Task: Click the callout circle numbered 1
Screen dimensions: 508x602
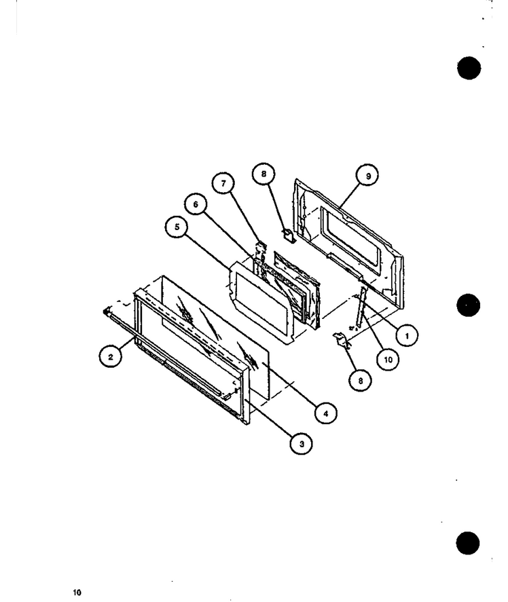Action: click(407, 335)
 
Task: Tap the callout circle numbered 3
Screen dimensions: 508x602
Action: click(302, 443)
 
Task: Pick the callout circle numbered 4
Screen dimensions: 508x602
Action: click(325, 413)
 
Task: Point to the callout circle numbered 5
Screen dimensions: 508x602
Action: click(177, 227)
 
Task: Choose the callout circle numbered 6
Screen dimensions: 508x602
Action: click(196, 204)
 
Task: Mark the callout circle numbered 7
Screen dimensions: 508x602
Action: click(223, 183)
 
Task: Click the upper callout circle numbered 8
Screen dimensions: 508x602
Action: click(264, 174)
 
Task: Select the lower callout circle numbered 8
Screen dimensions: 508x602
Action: click(360, 381)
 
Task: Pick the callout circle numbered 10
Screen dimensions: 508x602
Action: click(388, 359)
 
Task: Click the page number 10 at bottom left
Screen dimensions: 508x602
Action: click(77, 592)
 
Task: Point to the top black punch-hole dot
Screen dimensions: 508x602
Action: click(469, 68)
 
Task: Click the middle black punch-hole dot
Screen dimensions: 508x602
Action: click(469, 305)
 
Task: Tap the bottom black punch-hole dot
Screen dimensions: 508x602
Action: click(468, 543)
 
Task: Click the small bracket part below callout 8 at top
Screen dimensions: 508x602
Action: click(289, 235)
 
